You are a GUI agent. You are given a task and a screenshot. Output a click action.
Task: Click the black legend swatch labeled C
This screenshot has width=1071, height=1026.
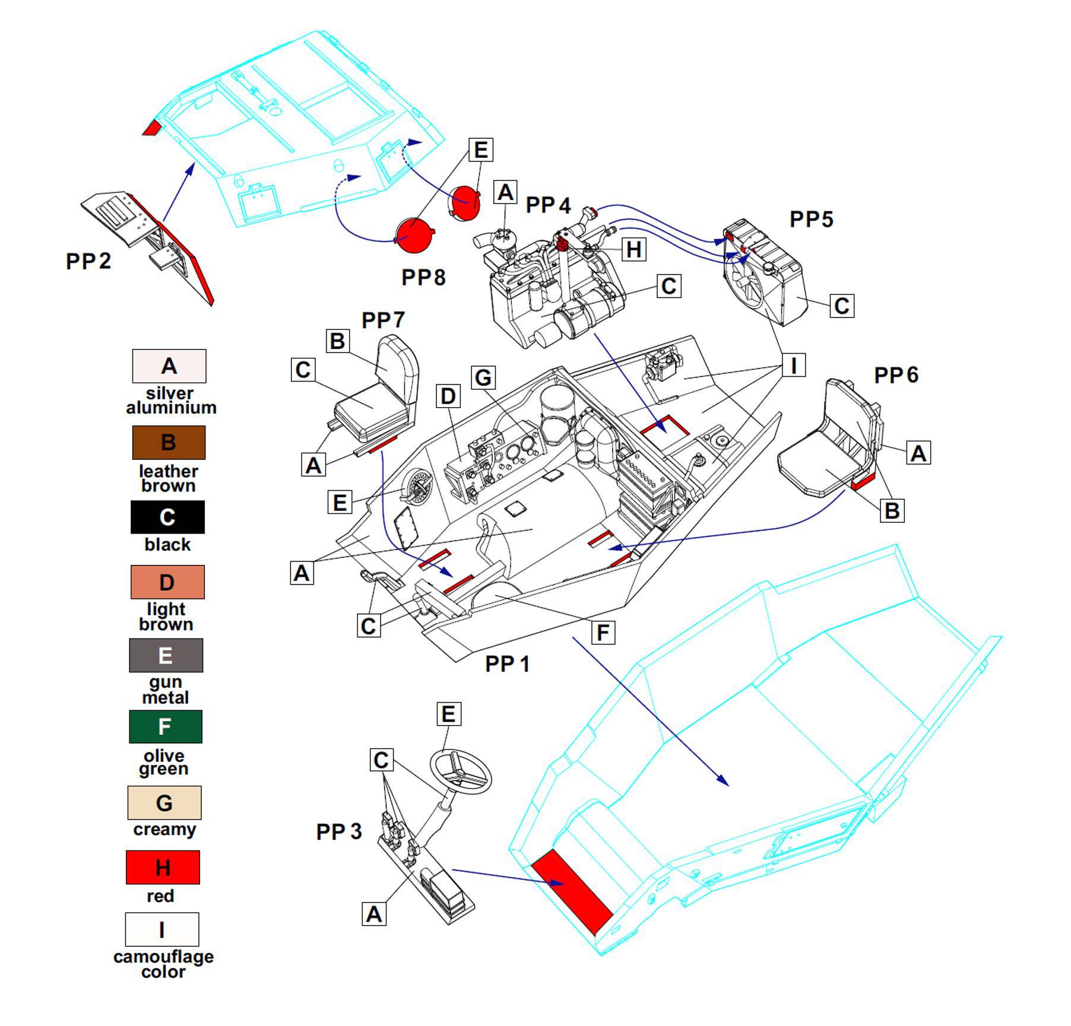(x=167, y=517)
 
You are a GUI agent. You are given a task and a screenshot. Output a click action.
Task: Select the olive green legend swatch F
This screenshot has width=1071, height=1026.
(x=166, y=726)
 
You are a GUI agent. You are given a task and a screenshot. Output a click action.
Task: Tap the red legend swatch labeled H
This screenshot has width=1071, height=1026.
(x=163, y=867)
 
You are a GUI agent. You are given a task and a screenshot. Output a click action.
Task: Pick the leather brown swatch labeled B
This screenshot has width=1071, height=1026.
(x=169, y=442)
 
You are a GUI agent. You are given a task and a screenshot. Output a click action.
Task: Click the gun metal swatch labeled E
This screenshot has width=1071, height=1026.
(x=166, y=655)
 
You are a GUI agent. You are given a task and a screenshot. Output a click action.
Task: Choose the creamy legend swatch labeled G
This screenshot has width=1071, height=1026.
(x=164, y=802)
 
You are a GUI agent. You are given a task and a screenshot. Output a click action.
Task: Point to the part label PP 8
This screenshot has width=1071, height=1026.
(x=423, y=277)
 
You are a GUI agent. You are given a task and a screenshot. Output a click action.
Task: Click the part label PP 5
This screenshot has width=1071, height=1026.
(x=811, y=220)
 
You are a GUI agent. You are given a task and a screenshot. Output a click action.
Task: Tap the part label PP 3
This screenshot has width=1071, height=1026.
(x=338, y=831)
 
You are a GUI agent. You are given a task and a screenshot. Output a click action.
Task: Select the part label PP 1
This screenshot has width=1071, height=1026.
(x=507, y=663)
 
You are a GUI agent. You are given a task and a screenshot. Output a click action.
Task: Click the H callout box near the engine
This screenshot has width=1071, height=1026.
(x=633, y=249)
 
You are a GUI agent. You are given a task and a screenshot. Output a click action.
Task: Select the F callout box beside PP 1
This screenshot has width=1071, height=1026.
(x=603, y=633)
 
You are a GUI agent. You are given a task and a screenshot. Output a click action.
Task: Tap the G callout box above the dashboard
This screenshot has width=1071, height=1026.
(x=483, y=377)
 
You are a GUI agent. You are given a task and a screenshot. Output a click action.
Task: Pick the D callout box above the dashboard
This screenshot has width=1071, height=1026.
(x=448, y=396)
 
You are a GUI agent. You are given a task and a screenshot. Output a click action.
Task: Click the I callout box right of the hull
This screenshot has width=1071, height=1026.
(x=793, y=364)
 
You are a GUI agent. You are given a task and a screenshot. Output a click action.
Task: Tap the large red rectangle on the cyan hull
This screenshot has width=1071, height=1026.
(x=571, y=888)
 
